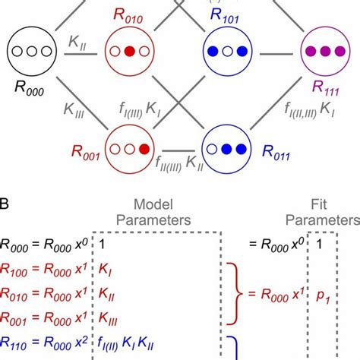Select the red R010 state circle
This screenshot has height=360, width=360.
[128, 52]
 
